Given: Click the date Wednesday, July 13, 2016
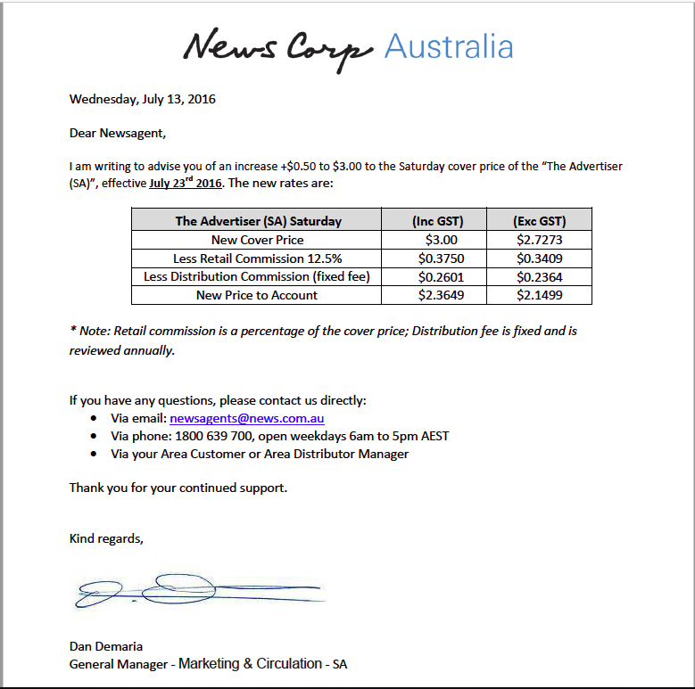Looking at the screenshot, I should pyautogui.click(x=143, y=99).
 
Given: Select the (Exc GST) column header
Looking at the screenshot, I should pyautogui.click(x=539, y=221).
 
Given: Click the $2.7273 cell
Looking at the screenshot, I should pyautogui.click(x=539, y=240).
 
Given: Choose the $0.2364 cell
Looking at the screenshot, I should pyautogui.click(x=539, y=277).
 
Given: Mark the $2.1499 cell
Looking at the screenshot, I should pyautogui.click(x=539, y=295).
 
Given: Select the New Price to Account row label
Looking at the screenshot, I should pyautogui.click(x=257, y=295).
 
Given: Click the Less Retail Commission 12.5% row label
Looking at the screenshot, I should pyautogui.click(x=257, y=258).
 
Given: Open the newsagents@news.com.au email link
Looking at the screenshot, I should pyautogui.click(x=246, y=418).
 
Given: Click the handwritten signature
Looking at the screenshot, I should pyautogui.click(x=196, y=591).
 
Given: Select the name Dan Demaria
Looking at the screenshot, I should pyautogui.click(x=106, y=646).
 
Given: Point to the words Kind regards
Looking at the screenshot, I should pyautogui.click(x=105, y=538).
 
